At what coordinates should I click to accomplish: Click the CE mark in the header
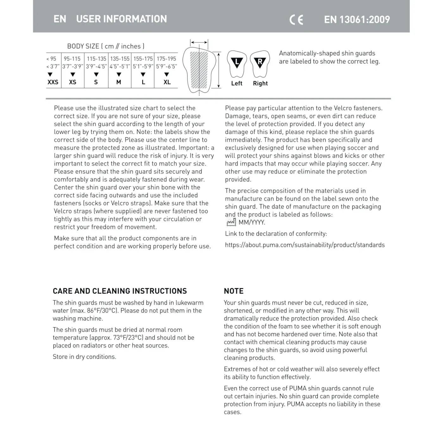(296, 20)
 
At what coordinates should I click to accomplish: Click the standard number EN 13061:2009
(357, 20)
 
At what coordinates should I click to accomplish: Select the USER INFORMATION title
(121, 19)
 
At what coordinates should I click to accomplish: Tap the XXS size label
(53, 82)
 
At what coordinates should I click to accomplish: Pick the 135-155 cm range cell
(120, 59)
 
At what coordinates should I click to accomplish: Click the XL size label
(167, 82)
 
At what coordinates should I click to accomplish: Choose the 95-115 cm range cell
(72, 59)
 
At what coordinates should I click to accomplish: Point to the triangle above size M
(119, 75)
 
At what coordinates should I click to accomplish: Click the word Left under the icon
(237, 83)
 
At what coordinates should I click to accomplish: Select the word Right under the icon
(260, 83)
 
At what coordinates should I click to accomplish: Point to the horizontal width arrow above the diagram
(199, 42)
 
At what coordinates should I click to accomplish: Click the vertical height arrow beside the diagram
(218, 70)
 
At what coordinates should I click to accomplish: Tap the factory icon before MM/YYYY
(231, 222)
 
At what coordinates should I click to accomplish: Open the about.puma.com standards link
(305, 245)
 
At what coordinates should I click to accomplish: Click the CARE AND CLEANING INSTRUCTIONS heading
(120, 291)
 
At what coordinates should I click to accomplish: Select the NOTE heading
(234, 291)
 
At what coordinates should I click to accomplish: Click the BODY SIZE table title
(106, 46)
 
